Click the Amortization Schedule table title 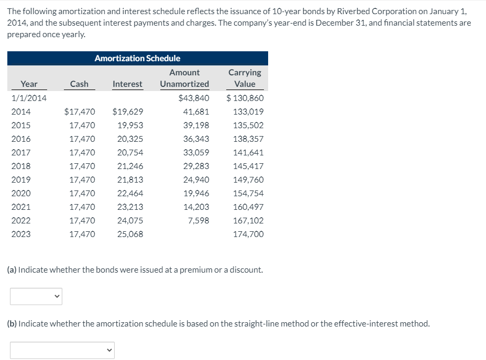[x=137, y=58]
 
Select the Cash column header [x=79, y=84]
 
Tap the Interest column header [x=127, y=84]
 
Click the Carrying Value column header [x=245, y=78]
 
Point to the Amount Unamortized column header [x=184, y=78]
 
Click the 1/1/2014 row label [x=29, y=98]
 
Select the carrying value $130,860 [x=245, y=98]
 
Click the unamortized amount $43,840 [x=194, y=98]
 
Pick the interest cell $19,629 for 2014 [x=128, y=111]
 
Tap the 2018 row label [x=21, y=166]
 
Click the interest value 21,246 [x=130, y=166]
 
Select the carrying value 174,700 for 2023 [x=249, y=234]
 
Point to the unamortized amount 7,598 [x=198, y=220]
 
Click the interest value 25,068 [x=130, y=234]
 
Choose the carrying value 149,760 [x=249, y=179]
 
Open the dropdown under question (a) [x=36, y=297]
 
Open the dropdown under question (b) [x=62, y=350]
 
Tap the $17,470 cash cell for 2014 [x=79, y=111]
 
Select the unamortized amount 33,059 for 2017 [x=196, y=152]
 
